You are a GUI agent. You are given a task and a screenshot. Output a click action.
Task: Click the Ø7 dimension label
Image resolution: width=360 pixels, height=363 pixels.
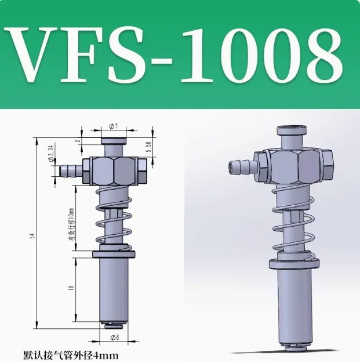[x=113, y=126]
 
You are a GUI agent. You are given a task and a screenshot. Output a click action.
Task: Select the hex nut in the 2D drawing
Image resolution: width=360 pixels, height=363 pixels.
[x=113, y=171]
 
